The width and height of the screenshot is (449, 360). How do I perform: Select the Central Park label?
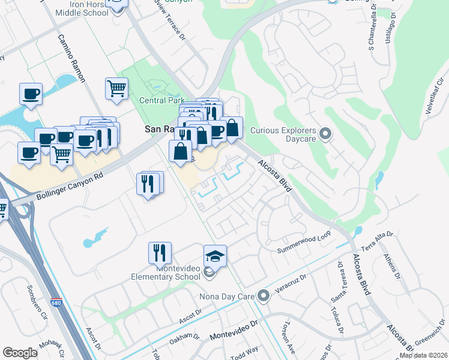160,101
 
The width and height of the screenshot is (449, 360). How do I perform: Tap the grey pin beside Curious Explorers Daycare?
325,133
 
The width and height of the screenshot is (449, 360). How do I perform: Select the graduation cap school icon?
215,256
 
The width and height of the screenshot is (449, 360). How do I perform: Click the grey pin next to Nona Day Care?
263,296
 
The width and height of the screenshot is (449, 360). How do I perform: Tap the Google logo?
20,353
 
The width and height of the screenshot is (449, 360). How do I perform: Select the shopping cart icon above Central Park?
116,89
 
